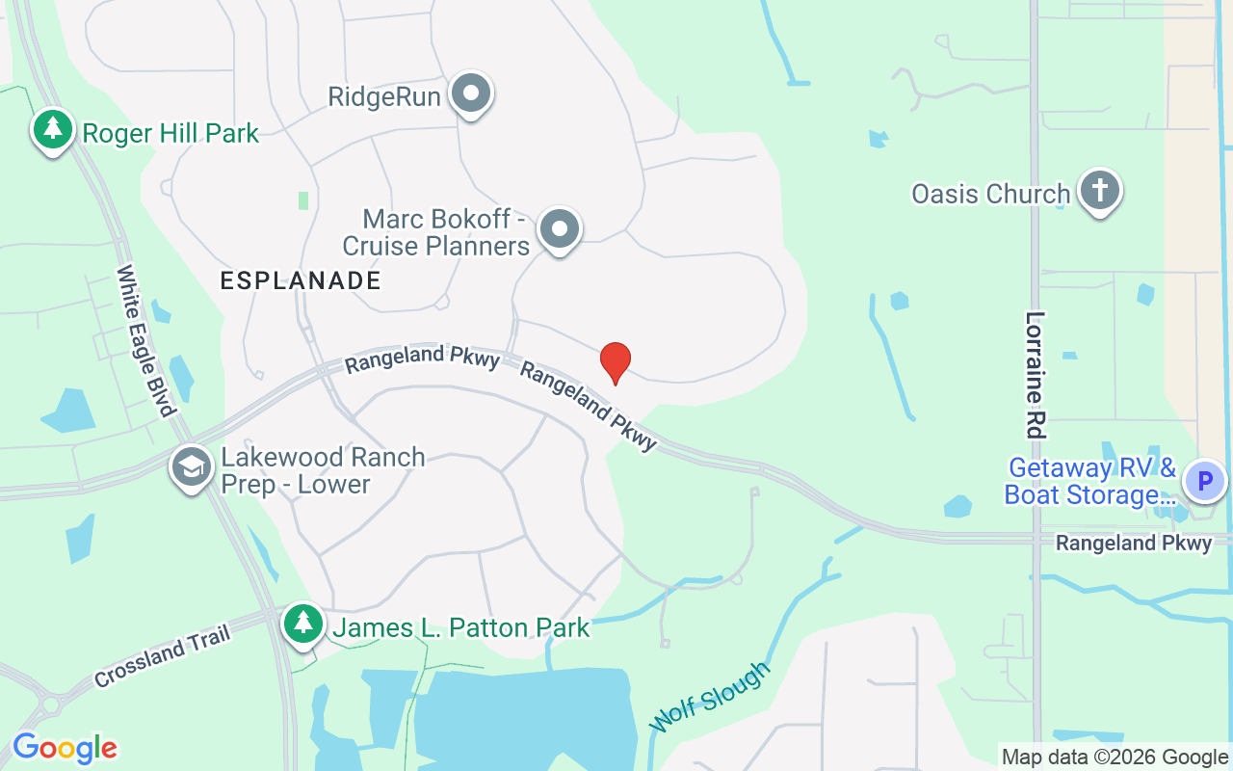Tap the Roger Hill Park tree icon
point(53,129)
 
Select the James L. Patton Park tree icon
point(304,623)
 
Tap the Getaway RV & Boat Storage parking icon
point(1204,480)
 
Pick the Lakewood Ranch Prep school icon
point(192,467)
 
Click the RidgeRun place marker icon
point(471,94)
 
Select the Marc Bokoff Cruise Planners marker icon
point(559,230)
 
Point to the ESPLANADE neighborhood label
point(301,280)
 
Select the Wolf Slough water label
point(711,697)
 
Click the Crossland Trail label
point(163,656)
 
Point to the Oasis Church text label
point(990,194)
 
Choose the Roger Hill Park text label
point(171,133)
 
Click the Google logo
point(65,748)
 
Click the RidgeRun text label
point(384,97)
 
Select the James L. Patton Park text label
point(460,628)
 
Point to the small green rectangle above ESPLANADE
point(303,200)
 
